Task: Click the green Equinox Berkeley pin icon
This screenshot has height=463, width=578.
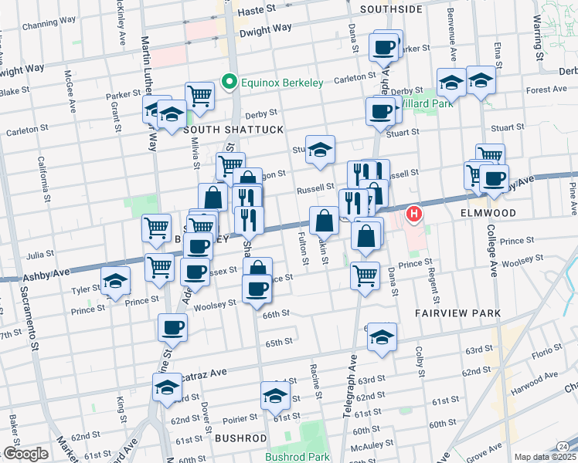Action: click(x=229, y=80)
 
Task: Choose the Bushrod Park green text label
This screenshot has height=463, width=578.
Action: click(x=297, y=457)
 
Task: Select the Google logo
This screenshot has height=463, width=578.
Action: click(x=25, y=454)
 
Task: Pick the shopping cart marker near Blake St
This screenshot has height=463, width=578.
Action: click(x=199, y=96)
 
